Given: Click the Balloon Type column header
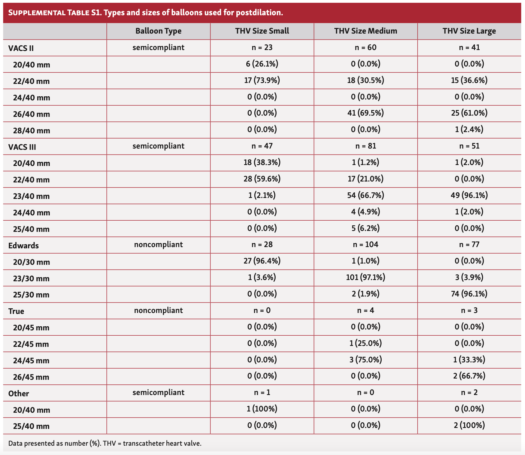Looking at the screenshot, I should pyautogui.click(x=158, y=31).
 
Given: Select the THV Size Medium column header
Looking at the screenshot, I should pyautogui.click(x=365, y=31).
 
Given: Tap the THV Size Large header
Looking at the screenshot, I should pyautogui.click(x=469, y=31).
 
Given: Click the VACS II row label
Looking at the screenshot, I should pyautogui.click(x=21, y=48).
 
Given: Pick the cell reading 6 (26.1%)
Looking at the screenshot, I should pyautogui.click(x=262, y=64).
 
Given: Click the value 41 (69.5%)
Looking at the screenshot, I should pyautogui.click(x=365, y=113).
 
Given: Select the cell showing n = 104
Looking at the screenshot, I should pyautogui.click(x=365, y=245).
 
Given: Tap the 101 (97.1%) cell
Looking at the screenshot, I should pyautogui.click(x=365, y=277).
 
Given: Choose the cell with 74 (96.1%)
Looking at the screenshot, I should pyautogui.click(x=469, y=294).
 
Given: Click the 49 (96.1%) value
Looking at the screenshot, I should pyautogui.click(x=469, y=195).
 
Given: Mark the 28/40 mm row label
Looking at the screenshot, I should pyautogui.click(x=31, y=131).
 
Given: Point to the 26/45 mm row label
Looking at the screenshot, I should pyautogui.click(x=31, y=377).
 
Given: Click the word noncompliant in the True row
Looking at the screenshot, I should pyautogui.click(x=158, y=310).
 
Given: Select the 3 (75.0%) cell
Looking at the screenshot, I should pyautogui.click(x=365, y=360).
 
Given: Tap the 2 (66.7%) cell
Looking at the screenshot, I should pyautogui.click(x=469, y=376).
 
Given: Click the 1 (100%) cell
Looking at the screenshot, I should pyautogui.click(x=262, y=409).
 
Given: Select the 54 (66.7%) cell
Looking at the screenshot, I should pyautogui.click(x=365, y=195).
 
